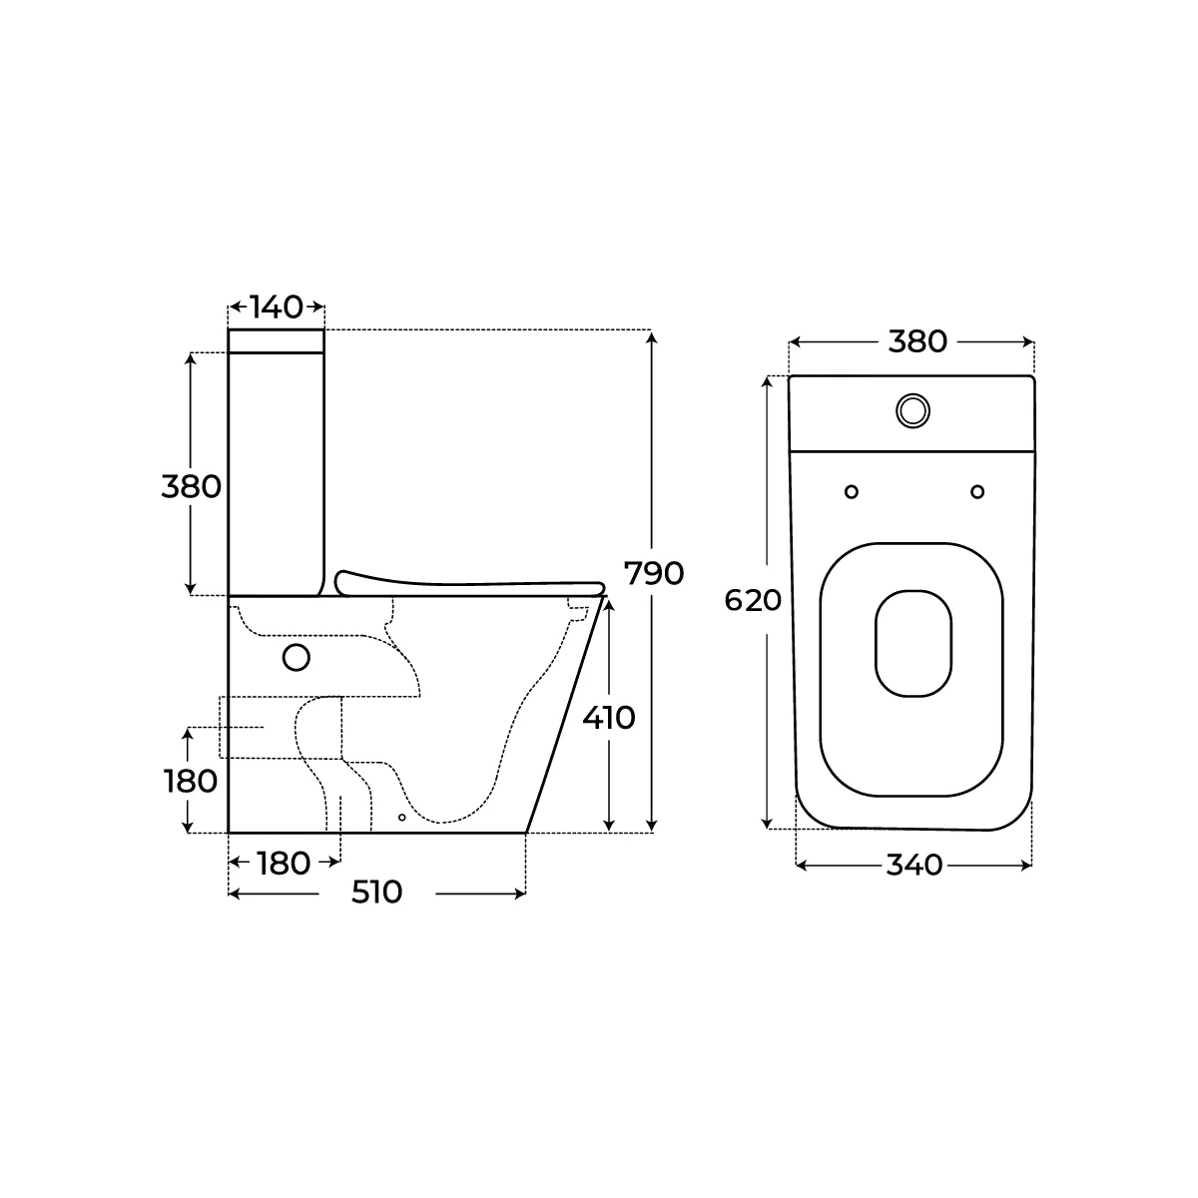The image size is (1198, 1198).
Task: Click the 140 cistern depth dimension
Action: tap(276, 306)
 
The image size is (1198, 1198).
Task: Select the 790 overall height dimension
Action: tap(654, 573)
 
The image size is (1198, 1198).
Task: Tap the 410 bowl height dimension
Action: tap(609, 718)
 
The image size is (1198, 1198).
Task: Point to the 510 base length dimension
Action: tap(376, 893)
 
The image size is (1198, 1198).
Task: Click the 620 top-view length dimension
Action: tap(753, 601)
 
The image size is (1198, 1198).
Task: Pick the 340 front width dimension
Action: tap(913, 865)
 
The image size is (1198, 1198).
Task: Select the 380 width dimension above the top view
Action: tap(917, 341)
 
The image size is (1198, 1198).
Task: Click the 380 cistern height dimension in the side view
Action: tap(191, 486)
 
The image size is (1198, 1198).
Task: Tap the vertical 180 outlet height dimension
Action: tap(191, 781)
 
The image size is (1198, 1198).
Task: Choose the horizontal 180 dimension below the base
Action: tap(284, 864)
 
